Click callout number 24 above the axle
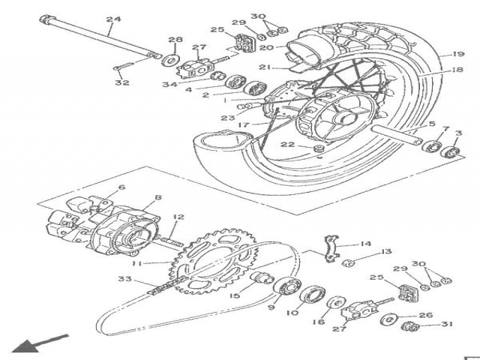[113, 19]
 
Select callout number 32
[122, 83]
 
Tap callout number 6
[121, 189]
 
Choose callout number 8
[157, 199]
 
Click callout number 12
[177, 218]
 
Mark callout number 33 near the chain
[124, 279]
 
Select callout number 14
[365, 244]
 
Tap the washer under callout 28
[171, 58]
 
